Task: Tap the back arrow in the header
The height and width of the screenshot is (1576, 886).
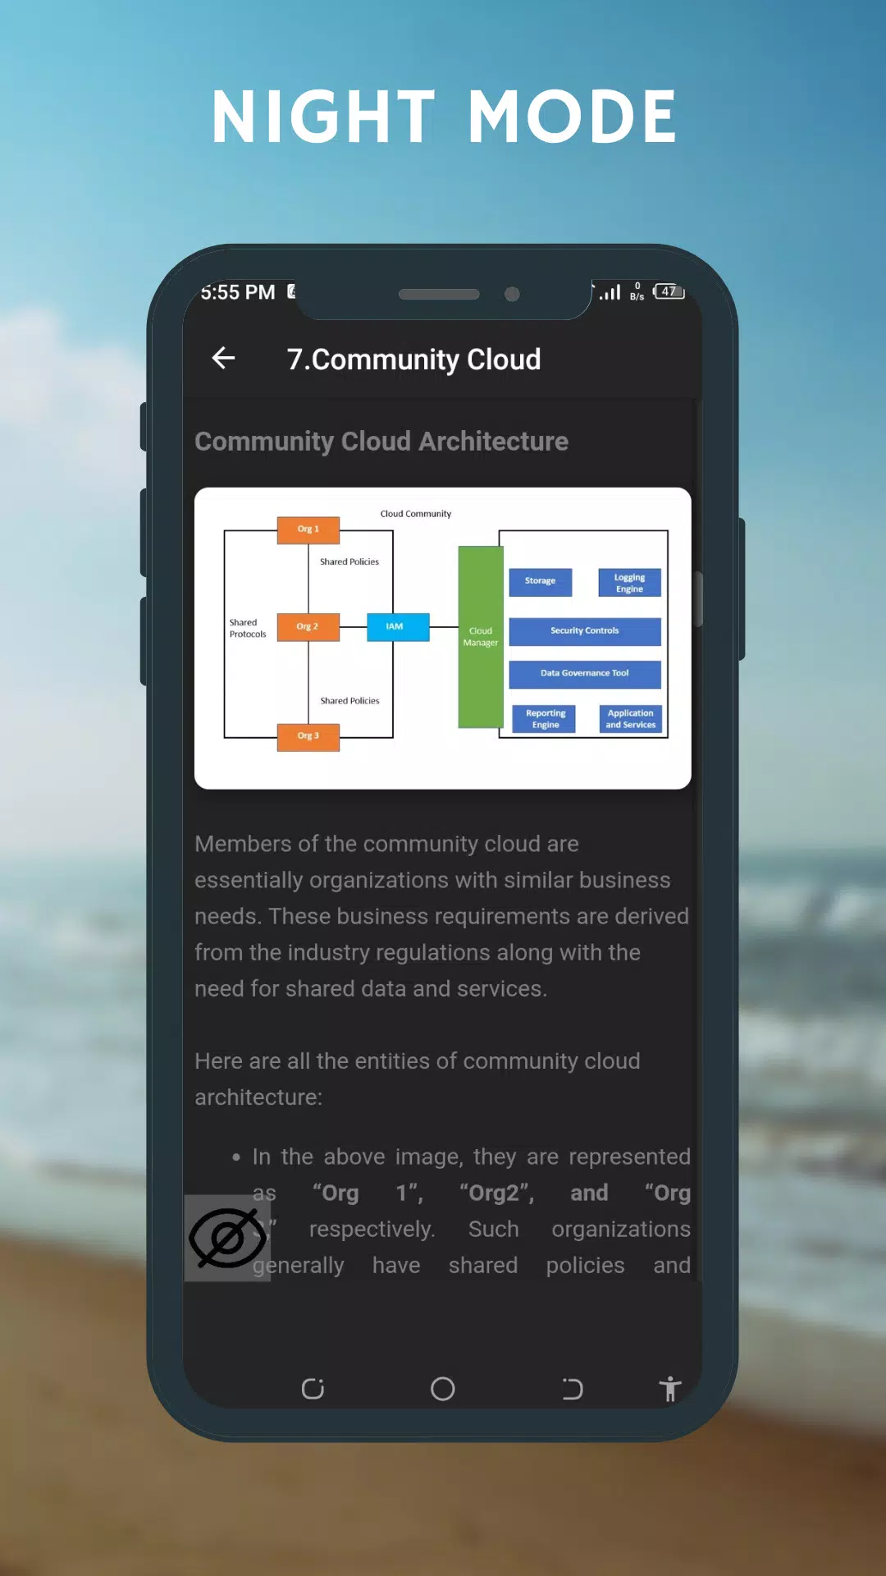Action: point(223,358)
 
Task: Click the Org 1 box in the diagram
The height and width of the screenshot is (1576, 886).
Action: point(308,529)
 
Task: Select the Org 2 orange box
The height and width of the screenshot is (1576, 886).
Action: point(308,626)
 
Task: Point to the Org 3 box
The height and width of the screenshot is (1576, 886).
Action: point(308,736)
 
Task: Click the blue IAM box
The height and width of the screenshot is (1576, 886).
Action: point(397,626)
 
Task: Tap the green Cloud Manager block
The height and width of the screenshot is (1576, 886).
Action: point(481,637)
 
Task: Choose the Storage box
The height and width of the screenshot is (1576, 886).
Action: point(541,581)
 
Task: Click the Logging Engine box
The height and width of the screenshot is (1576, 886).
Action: point(630,583)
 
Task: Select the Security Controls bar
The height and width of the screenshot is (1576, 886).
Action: point(585,631)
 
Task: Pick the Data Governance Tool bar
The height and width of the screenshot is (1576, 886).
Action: point(585,674)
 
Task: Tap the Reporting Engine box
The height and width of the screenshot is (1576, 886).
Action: point(546,719)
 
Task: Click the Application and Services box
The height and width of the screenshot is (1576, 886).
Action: point(631,719)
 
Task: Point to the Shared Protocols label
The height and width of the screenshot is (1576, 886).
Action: point(248,629)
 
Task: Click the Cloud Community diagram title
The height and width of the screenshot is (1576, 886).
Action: point(416,514)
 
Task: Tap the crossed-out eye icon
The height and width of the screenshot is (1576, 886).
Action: point(227,1238)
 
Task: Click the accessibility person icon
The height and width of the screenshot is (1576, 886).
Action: point(670,1388)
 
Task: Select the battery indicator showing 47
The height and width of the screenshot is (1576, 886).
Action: point(669,291)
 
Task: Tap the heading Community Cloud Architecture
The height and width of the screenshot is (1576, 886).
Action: point(381,442)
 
